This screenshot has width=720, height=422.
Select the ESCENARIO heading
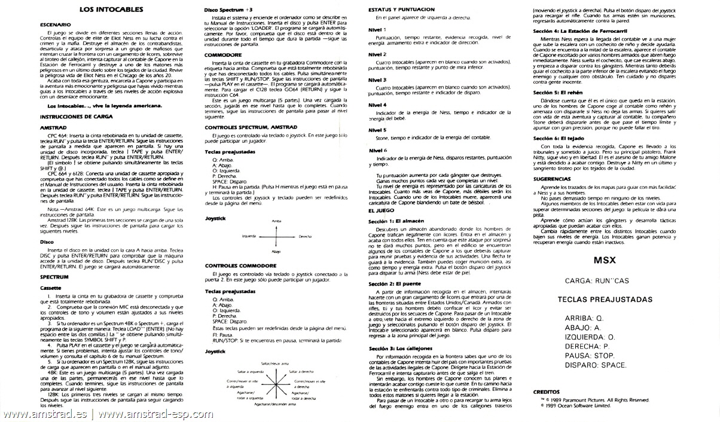pyautogui.click(x=55, y=25)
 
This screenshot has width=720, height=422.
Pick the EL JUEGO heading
pyautogui.click(x=381, y=211)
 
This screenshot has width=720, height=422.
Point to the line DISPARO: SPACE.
pyautogui.click(x=596, y=365)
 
